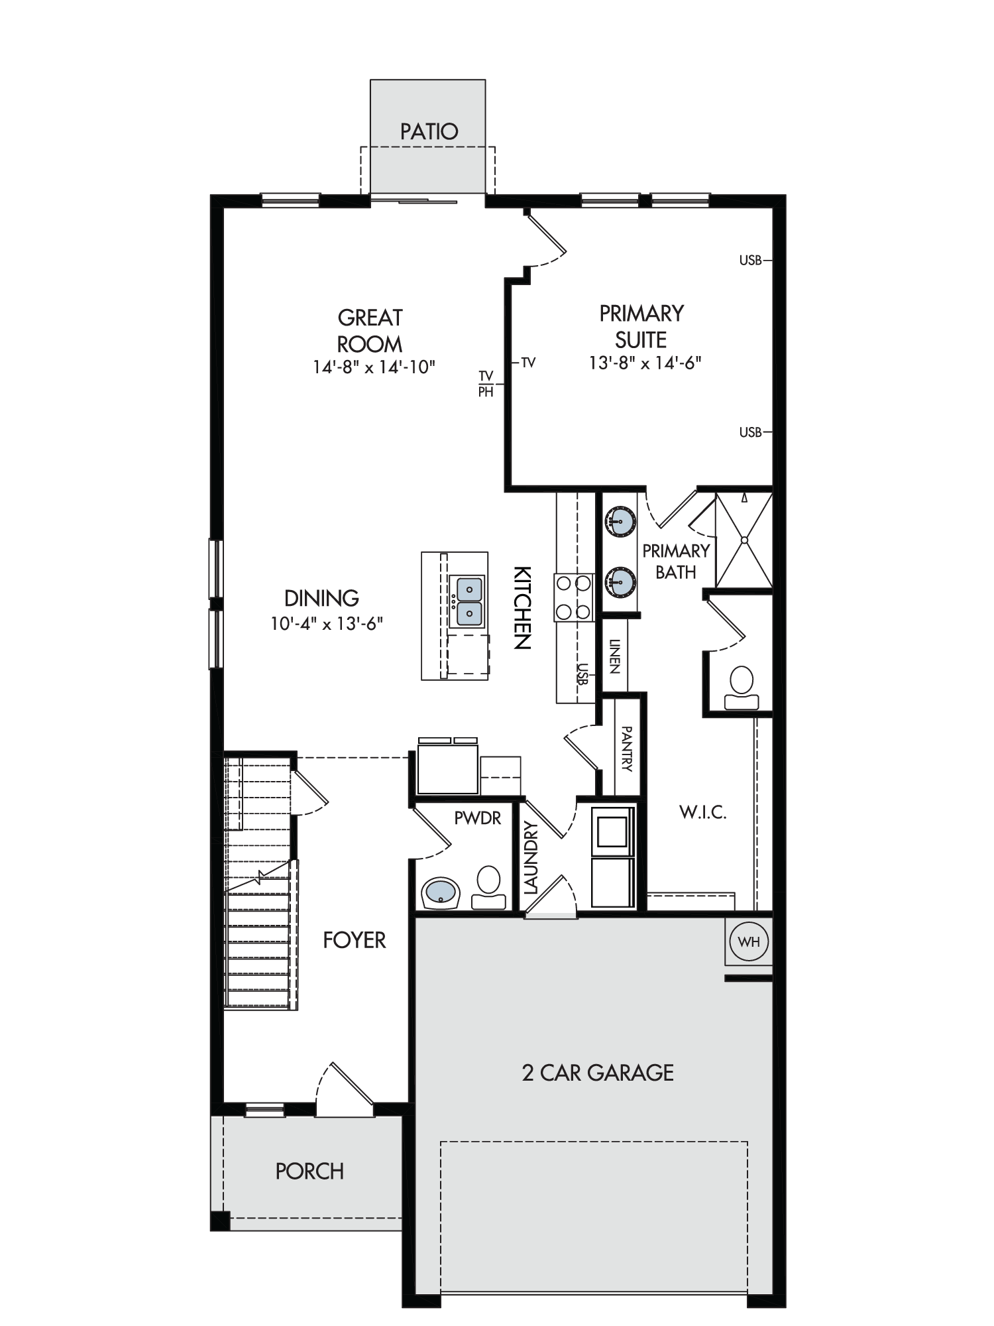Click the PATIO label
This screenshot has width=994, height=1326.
pos(429,131)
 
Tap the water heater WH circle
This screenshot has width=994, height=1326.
pos(749,941)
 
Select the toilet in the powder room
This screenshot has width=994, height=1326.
pos(489,886)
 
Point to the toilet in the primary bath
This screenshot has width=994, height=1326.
pos(742,688)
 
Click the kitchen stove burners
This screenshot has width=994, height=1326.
pos(573,597)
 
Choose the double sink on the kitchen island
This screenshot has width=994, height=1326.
pos(468,601)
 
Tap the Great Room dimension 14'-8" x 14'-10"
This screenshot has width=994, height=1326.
pos(374,367)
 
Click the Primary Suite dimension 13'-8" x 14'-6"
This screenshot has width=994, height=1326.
pos(645,363)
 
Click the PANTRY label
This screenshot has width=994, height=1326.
pos(627,749)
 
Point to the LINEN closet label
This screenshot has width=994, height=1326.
pos(614,656)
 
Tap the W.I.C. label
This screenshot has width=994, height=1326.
pos(702,812)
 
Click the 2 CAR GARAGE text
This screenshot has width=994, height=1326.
pos(598,1073)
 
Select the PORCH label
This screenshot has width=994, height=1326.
pos(309,1172)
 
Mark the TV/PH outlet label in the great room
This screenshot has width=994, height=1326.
pos(486,385)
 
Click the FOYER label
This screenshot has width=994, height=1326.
pos(355,940)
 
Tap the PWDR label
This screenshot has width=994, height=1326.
pos(478,818)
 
